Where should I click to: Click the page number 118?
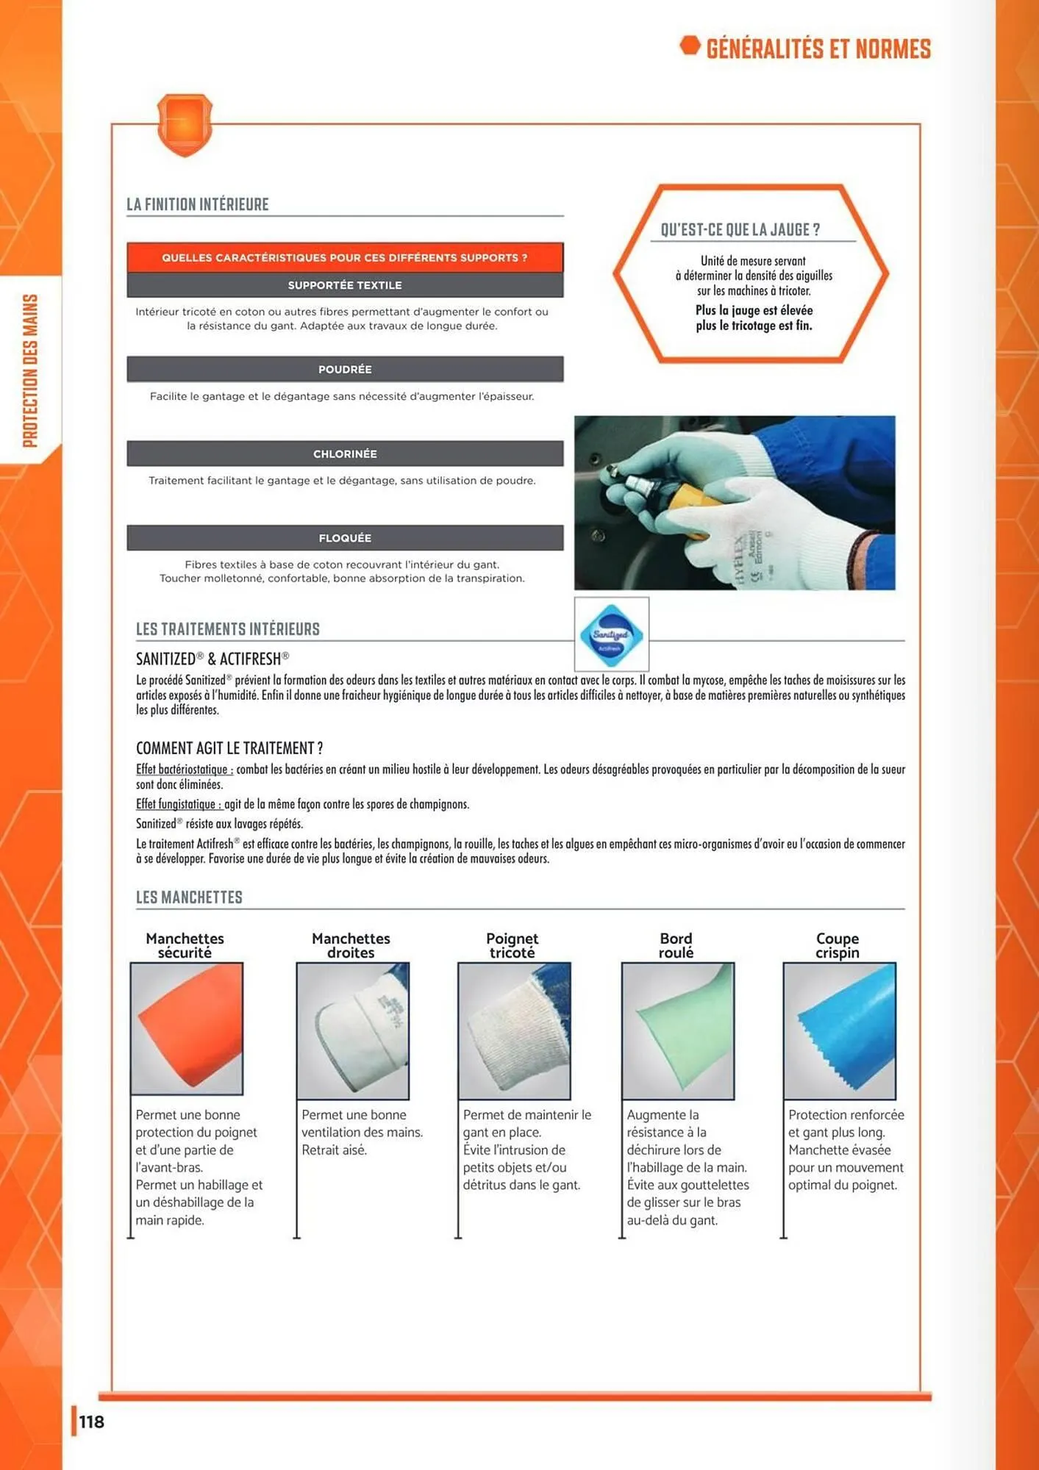(x=92, y=1421)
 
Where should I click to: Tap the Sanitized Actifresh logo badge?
(x=611, y=634)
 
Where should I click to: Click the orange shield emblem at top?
(x=185, y=124)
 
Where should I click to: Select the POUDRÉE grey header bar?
(x=345, y=369)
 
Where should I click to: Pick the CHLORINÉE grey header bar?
(x=345, y=453)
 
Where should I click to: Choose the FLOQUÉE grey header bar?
(x=345, y=538)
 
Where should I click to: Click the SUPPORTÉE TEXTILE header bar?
(x=345, y=285)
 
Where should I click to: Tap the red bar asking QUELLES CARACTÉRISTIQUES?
(x=345, y=257)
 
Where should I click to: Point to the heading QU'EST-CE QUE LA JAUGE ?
(x=740, y=229)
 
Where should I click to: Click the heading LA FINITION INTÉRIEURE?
(x=198, y=204)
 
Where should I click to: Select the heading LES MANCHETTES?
(x=189, y=897)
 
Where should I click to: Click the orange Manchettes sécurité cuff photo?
(x=187, y=1029)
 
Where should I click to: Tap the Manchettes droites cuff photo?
(x=352, y=1030)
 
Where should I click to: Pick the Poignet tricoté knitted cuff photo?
(x=514, y=1030)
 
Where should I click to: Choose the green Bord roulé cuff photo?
(x=677, y=1030)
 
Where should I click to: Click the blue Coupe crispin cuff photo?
(x=839, y=1030)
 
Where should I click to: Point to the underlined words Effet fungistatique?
(x=179, y=804)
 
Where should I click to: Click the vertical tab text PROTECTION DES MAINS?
(x=30, y=370)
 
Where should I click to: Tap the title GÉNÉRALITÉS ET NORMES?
(x=818, y=49)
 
